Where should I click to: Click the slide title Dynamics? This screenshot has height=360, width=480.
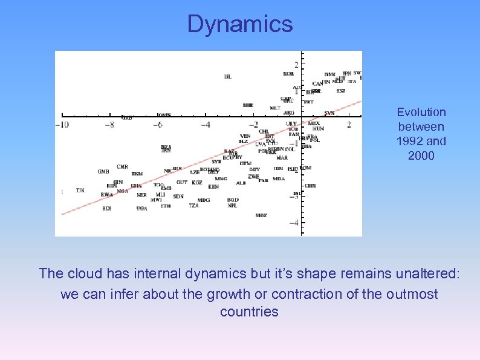(x=240, y=24)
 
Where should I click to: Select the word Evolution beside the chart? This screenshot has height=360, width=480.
(x=421, y=112)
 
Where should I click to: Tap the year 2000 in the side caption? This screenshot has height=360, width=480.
(x=421, y=155)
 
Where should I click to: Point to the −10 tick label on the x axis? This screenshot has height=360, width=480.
(x=62, y=125)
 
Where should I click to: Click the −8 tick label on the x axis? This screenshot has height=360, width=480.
(x=109, y=125)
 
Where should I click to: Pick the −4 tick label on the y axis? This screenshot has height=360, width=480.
(x=294, y=223)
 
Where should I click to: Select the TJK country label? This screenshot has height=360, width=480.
(x=80, y=190)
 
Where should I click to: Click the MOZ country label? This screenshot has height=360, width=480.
(x=261, y=215)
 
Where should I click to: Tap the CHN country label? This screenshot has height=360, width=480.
(x=310, y=186)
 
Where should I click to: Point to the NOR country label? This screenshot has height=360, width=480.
(x=288, y=74)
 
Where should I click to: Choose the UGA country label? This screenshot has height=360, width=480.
(x=141, y=208)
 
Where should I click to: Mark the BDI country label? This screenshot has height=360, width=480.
(x=106, y=208)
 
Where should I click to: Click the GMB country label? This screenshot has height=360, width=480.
(x=103, y=171)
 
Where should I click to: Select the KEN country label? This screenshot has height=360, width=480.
(x=213, y=187)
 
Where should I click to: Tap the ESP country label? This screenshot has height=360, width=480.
(x=341, y=91)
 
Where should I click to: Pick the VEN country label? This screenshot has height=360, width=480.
(x=245, y=136)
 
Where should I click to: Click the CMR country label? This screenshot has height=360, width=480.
(x=122, y=166)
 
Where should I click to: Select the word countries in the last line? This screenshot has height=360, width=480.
(x=249, y=312)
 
